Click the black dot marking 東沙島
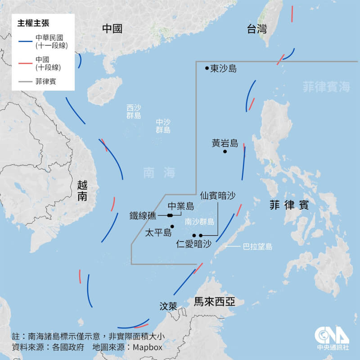click(207, 68)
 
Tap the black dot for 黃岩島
click(225, 152)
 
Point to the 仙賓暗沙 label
click(218, 195)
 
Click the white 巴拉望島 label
click(258, 247)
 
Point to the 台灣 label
click(257, 30)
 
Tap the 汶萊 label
click(169, 306)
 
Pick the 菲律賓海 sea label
click(326, 87)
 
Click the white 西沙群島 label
click(134, 112)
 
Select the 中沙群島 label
click(163, 126)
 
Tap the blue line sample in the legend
click(25, 41)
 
